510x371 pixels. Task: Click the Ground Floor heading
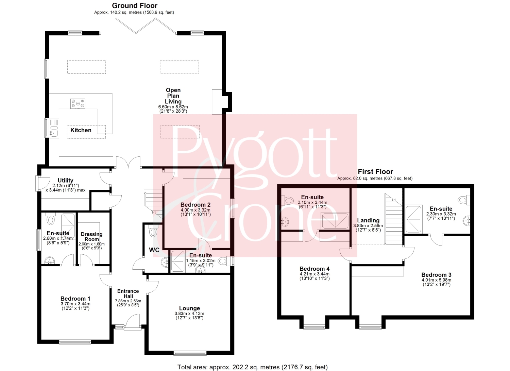[x=135, y=5]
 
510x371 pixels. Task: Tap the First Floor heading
[x=375, y=171]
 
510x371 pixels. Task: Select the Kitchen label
[x=81, y=130]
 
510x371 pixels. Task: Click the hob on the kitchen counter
[x=78, y=104]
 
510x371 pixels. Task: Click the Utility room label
[x=65, y=180]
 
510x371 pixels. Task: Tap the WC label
[x=154, y=250]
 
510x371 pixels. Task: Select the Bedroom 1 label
[x=75, y=299]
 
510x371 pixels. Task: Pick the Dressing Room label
[x=92, y=237]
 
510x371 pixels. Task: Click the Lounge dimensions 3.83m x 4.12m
[x=189, y=314]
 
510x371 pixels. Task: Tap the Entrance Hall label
[x=128, y=293]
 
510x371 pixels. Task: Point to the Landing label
[x=368, y=220]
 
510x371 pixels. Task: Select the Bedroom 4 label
[x=314, y=269]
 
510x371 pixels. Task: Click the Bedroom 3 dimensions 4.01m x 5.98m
[x=437, y=280]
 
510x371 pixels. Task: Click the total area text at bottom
[x=253, y=361]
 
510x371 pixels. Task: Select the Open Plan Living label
[x=173, y=96]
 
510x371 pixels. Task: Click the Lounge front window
[x=190, y=353]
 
